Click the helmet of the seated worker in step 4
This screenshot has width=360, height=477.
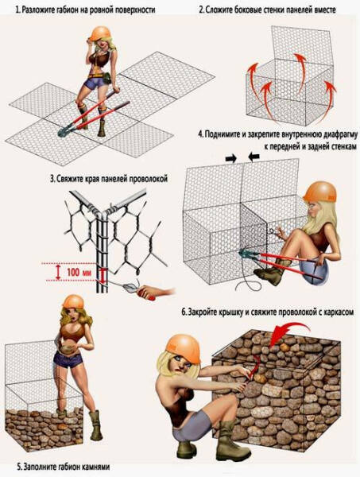(322, 192)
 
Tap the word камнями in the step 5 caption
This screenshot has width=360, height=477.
(82, 465)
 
